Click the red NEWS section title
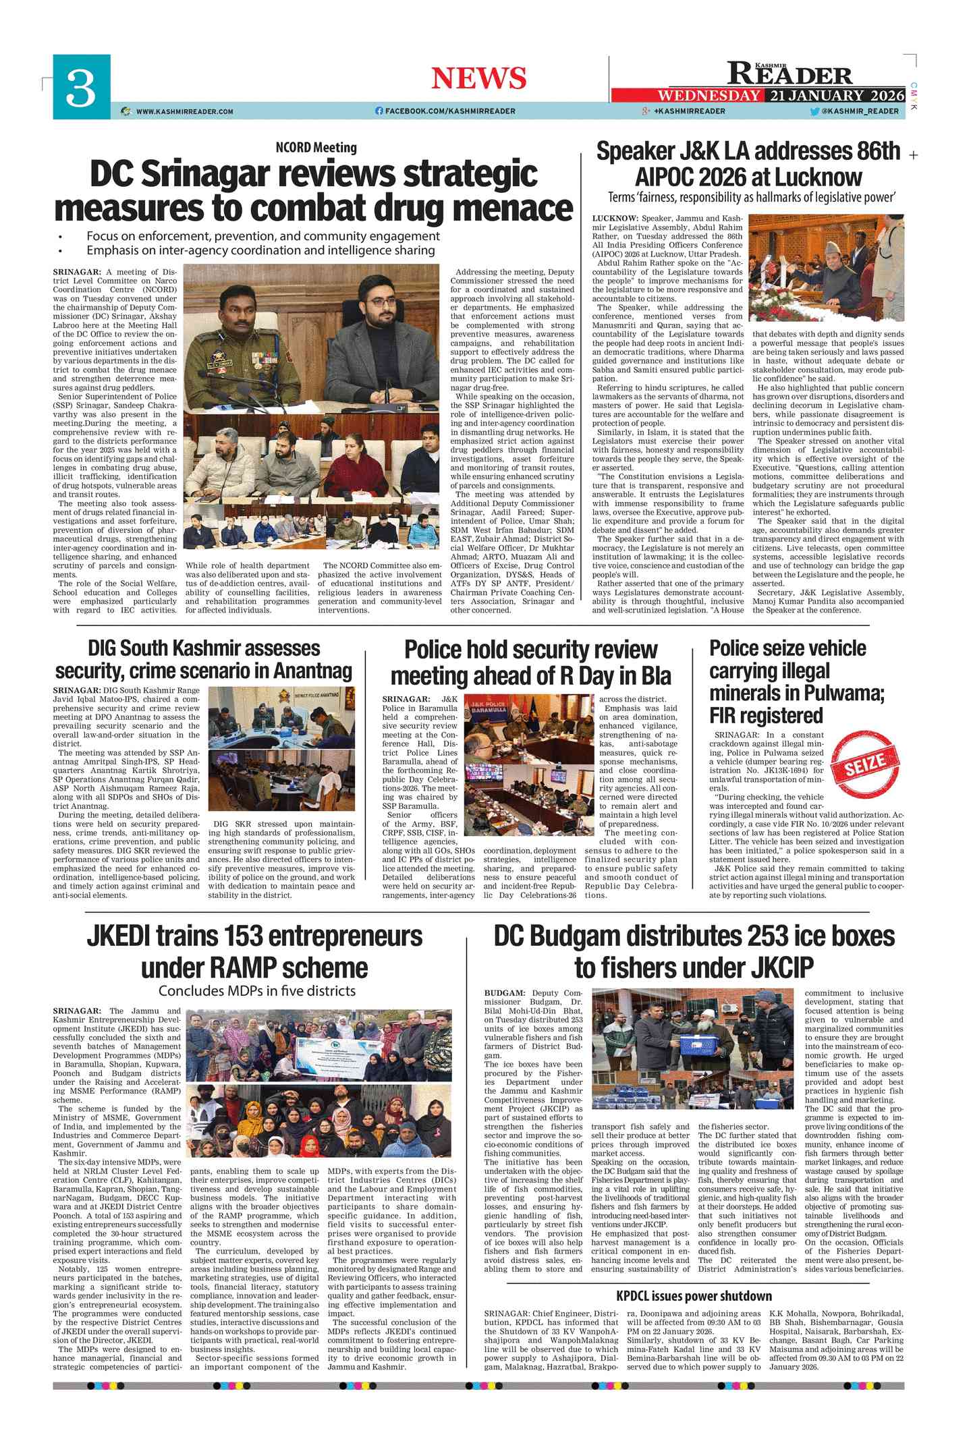point(478,78)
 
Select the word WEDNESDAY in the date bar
point(709,96)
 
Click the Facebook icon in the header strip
point(379,111)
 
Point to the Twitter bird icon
point(814,111)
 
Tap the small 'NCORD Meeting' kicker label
point(316,148)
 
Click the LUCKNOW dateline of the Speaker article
point(615,219)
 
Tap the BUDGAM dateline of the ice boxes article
point(504,993)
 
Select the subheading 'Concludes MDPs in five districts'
point(256,991)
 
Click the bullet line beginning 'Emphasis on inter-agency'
point(260,250)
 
